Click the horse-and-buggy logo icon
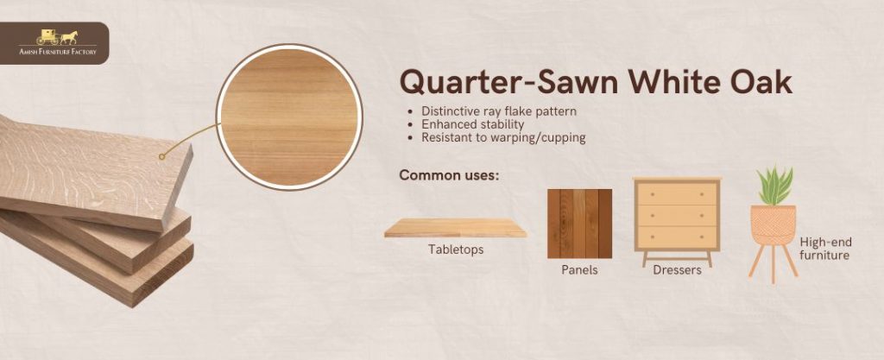pyautogui.click(x=57, y=37)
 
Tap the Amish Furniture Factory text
pyautogui.click(x=58, y=52)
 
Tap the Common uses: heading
pyautogui.click(x=449, y=175)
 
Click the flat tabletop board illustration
pyautogui.click(x=456, y=228)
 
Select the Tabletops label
pyautogui.click(x=456, y=249)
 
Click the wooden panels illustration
pyautogui.click(x=579, y=224)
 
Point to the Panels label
pyautogui.click(x=579, y=270)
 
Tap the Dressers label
pyautogui.click(x=677, y=270)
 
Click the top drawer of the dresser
pyautogui.click(x=677, y=193)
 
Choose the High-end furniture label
pyautogui.click(x=825, y=249)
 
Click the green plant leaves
pyautogui.click(x=774, y=186)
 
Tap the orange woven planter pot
pyautogui.click(x=773, y=224)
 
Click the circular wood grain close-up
pyautogui.click(x=289, y=117)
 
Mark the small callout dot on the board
pyautogui.click(x=161, y=156)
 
